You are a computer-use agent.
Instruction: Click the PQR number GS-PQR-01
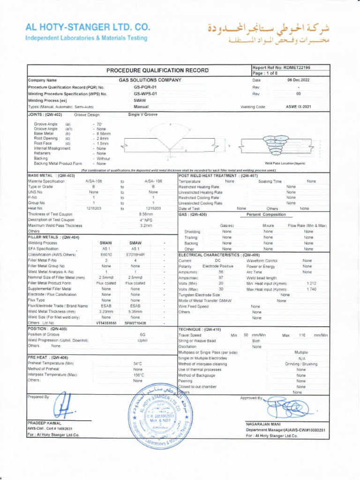pyautogui.click(x=145, y=87)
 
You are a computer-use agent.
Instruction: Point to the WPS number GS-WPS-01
pyautogui.click(x=145, y=94)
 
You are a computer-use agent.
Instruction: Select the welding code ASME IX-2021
pyautogui.click(x=298, y=107)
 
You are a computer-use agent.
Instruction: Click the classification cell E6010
pyautogui.click(x=106, y=254)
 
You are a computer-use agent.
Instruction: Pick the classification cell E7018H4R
pyautogui.click(x=135, y=254)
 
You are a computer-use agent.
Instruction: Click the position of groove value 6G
pyautogui.click(x=142, y=335)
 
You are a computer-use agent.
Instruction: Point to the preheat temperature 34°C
pyautogui.click(x=137, y=363)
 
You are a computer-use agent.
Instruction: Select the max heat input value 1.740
pyautogui.click(x=311, y=289)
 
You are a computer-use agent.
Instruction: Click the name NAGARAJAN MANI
pyautogui.click(x=262, y=424)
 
